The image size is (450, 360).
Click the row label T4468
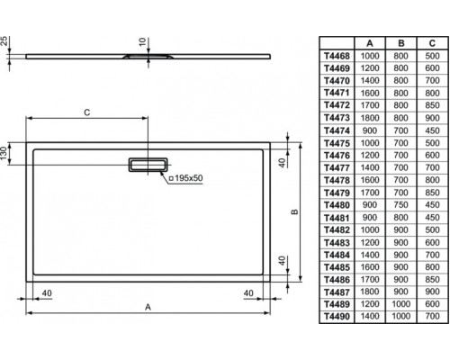coord(337,56)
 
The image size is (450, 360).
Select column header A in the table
coord(370,43)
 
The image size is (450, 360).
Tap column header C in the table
coord(432,43)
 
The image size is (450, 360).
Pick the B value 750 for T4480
coord(400,205)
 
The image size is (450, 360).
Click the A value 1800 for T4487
coord(370,292)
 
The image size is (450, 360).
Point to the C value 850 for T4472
coord(432,105)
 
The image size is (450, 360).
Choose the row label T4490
coord(337,317)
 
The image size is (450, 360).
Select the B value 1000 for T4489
coord(400,304)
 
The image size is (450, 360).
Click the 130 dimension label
coord(4,153)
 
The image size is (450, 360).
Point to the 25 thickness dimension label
coord(4,40)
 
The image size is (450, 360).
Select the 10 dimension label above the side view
coord(143,41)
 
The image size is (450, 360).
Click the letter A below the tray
coord(148,307)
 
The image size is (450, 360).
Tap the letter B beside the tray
coord(294,211)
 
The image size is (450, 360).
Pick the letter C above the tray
coord(87,112)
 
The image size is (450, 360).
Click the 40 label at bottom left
coord(47,293)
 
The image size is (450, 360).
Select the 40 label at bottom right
coord(248,293)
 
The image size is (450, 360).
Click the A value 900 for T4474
coord(370,130)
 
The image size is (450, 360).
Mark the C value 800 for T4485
coord(432,267)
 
